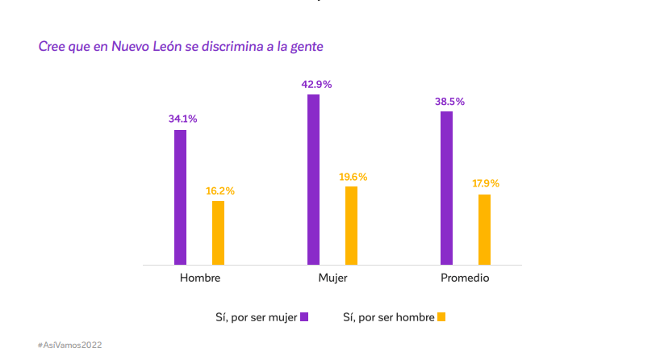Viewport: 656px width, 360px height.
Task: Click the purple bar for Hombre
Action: pos(180,197)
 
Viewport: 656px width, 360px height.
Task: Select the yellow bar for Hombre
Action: pos(218,232)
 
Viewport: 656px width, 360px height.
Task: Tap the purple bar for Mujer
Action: pos(313,179)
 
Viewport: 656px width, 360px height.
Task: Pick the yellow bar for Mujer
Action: pos(351,225)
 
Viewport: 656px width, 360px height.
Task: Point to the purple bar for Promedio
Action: pos(446,188)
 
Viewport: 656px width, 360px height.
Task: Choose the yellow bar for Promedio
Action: pos(484,229)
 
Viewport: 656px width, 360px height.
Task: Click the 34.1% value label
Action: pos(182,119)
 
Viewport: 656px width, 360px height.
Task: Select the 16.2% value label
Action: pos(220,190)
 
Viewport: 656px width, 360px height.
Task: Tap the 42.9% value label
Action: pos(316,84)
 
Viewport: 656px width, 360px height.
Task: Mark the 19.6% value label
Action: pos(353,176)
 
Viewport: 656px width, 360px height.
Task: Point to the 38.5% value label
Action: pos(449,102)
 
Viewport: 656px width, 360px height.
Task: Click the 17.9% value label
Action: pos(486,183)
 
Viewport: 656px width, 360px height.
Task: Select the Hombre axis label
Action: pos(199,278)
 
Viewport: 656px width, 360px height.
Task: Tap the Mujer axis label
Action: pos(332,278)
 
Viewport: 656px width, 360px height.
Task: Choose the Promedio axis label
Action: pos(465,278)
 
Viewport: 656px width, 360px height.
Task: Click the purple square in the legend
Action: pos(304,317)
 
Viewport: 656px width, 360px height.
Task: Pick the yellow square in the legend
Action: pos(441,317)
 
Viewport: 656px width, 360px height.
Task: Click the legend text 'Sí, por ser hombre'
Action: pos(388,317)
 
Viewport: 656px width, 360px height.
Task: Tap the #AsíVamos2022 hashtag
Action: pos(69,345)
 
